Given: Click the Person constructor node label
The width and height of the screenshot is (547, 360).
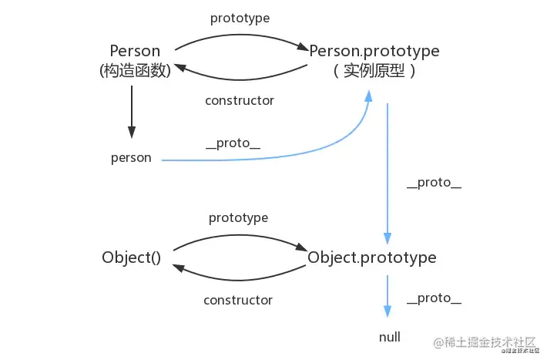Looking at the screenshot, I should pyautogui.click(x=135, y=52).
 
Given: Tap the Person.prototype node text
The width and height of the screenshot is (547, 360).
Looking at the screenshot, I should pyautogui.click(x=374, y=52).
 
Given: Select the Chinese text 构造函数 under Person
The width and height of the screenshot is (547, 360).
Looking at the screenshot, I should pyautogui.click(x=135, y=71).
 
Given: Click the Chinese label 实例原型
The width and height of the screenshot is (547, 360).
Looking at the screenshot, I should pyautogui.click(x=374, y=71).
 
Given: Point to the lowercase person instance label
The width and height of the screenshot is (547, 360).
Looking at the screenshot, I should pyautogui.click(x=131, y=158).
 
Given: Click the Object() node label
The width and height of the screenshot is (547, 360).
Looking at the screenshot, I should pyautogui.click(x=131, y=257).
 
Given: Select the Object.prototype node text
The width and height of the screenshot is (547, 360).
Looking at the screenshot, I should pyautogui.click(x=372, y=257).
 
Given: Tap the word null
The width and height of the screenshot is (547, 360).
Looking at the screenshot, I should pyautogui.click(x=390, y=338).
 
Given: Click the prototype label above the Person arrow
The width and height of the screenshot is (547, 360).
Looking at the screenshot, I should pyautogui.click(x=240, y=16).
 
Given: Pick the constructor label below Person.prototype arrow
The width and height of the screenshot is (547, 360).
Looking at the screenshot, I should pyautogui.click(x=240, y=100).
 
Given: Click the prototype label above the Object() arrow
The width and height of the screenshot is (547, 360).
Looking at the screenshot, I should pyautogui.click(x=238, y=218).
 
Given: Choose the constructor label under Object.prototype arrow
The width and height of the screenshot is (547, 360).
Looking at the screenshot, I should pyautogui.click(x=238, y=300).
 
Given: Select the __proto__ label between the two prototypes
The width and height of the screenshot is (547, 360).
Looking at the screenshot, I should pyautogui.click(x=434, y=183).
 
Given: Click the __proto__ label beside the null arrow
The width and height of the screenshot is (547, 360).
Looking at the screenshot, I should pyautogui.click(x=434, y=299).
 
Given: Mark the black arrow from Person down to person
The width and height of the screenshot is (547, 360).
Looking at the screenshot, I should pyautogui.click(x=132, y=112).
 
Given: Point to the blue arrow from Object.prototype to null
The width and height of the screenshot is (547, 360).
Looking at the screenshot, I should pyautogui.click(x=388, y=297).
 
